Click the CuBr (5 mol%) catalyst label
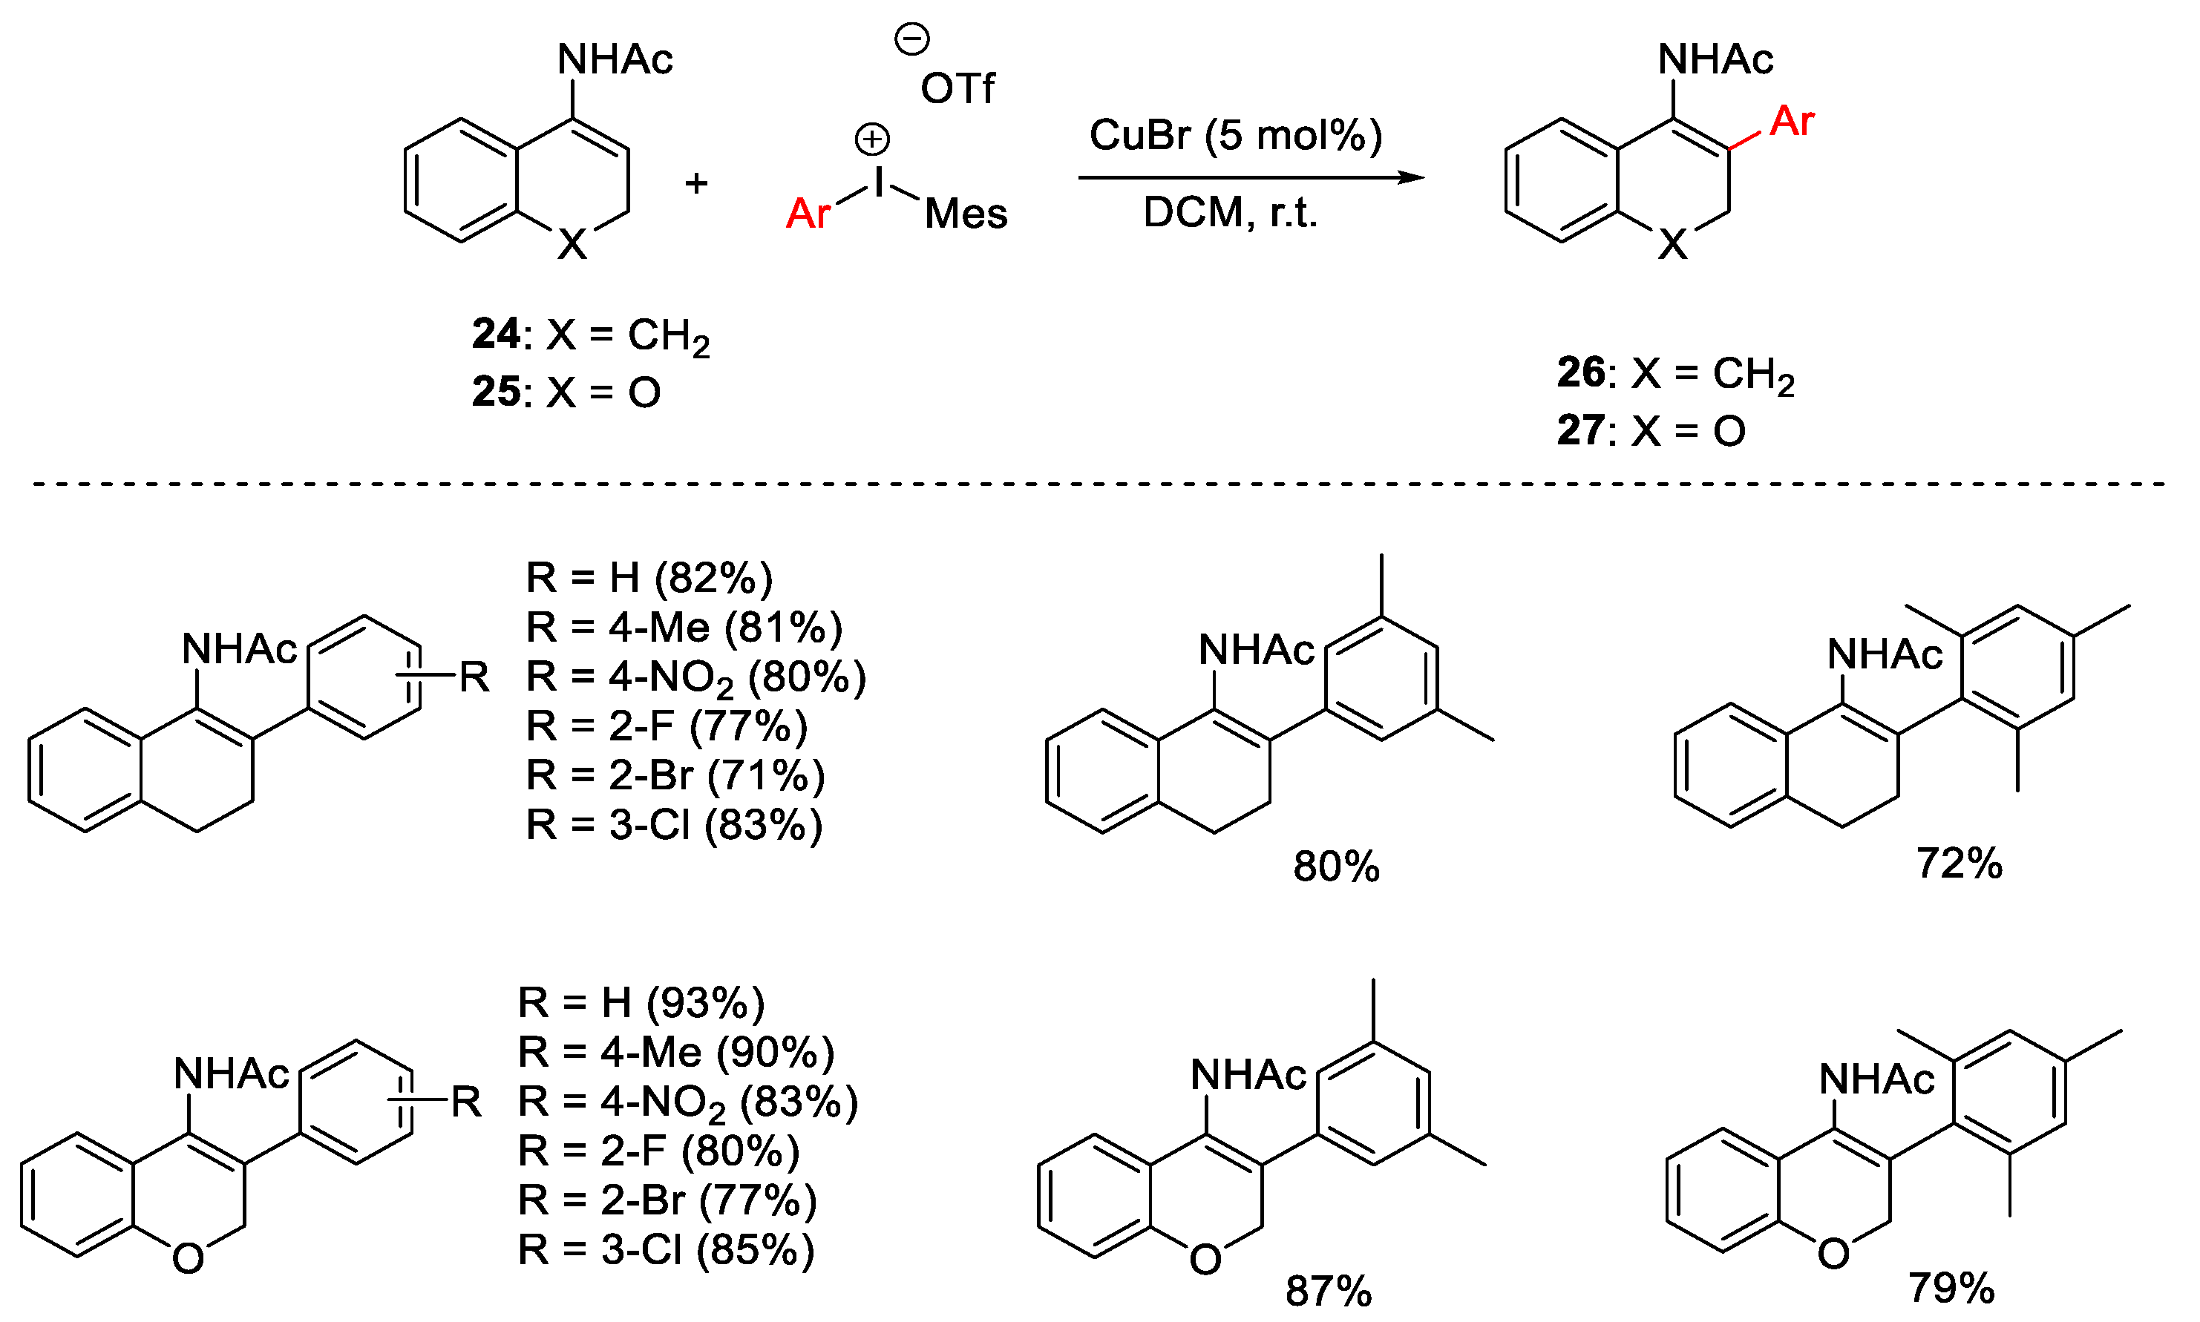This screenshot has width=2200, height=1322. pos(1235,136)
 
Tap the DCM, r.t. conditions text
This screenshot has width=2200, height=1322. pos(1230,213)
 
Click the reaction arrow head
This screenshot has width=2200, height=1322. pos(1412,177)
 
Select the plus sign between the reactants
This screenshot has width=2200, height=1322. pos(696,183)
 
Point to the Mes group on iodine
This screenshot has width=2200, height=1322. pos(966,214)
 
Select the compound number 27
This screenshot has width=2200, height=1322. pos(1579,430)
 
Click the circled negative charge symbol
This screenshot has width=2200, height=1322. pos(912,39)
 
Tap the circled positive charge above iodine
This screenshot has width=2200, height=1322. pos(871,139)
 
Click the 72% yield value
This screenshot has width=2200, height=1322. pos(1959,864)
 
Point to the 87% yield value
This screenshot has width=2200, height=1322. pos(1328,1291)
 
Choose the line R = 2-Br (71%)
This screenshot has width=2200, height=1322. pos(675,775)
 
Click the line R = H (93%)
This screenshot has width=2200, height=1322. pos(641,1003)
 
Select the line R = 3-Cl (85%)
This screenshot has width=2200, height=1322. pos(666,1250)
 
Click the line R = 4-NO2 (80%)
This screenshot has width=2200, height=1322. pos(695,677)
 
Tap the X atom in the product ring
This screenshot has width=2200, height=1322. pos(1672,244)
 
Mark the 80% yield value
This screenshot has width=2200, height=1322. pos(1336,866)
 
